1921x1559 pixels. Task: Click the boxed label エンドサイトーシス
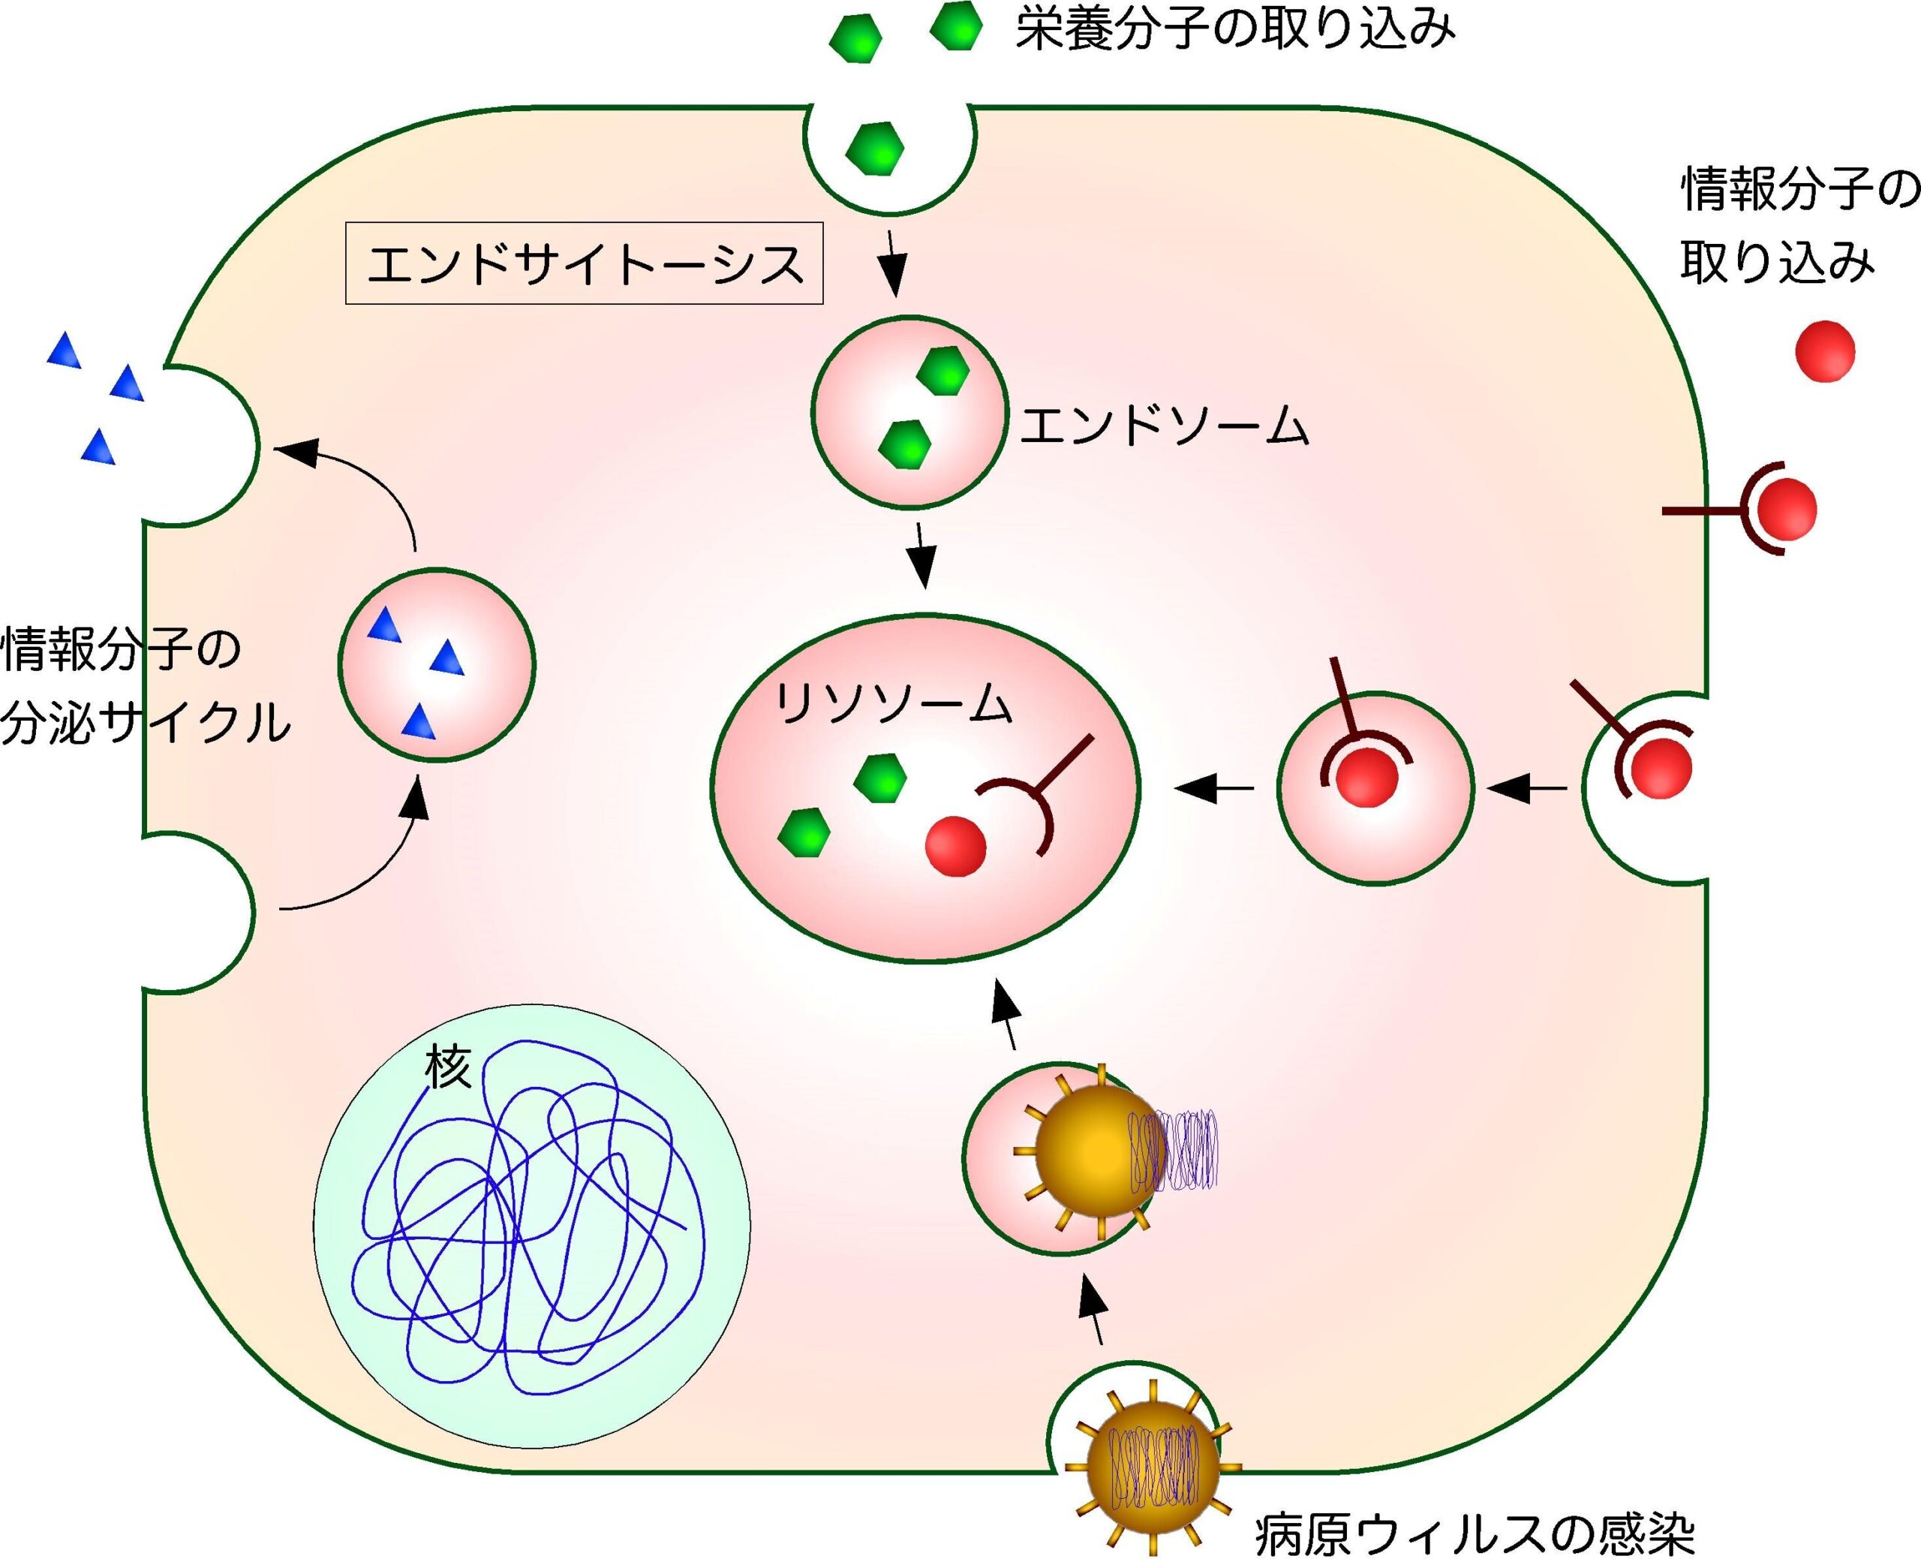point(585,263)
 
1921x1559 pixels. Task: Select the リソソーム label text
point(893,703)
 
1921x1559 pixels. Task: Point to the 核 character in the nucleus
point(447,1070)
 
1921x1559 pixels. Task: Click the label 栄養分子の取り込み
point(1234,29)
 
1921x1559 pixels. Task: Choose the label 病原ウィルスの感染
point(1473,1535)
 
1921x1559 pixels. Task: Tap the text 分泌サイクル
point(146,722)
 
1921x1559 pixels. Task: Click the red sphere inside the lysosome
point(955,845)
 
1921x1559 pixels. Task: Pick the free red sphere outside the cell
point(1824,352)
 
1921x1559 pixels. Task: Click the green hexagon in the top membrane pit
point(874,147)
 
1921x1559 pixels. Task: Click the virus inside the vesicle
point(1097,1152)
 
